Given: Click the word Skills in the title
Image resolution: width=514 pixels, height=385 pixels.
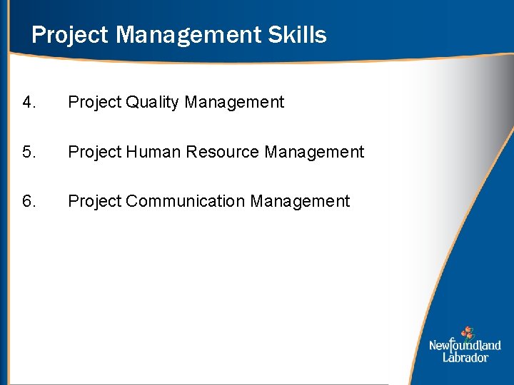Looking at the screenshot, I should point(294,35).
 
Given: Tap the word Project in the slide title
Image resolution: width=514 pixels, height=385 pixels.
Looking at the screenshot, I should point(68,35).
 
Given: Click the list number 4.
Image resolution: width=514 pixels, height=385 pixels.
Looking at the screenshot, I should point(29,103).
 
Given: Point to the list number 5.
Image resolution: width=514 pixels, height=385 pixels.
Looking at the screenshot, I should point(29,152).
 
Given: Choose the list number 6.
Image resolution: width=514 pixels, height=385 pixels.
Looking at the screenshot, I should point(29,202).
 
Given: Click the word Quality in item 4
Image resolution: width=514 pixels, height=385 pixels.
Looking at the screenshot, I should point(152,103).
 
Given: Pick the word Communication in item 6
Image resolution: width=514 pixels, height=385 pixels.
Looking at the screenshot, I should point(186,202).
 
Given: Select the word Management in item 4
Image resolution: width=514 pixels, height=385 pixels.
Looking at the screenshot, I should point(234,103).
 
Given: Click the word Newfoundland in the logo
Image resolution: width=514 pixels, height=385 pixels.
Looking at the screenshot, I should point(465,346).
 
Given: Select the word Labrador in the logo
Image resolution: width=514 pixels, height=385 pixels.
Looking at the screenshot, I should point(465,357).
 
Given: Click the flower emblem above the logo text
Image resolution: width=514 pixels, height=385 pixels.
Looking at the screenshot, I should point(467,332).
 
